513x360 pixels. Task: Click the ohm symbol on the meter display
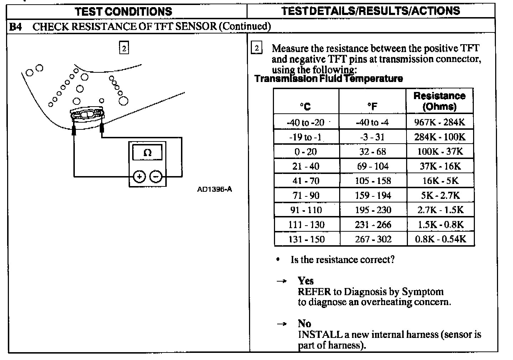coord(147,153)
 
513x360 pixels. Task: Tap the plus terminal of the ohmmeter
coord(139,176)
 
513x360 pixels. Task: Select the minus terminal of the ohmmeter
coord(156,176)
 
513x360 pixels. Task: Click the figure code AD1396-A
coord(214,189)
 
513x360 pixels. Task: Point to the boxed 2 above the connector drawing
coord(124,48)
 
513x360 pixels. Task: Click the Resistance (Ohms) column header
coord(439,101)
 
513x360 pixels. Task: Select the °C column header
coord(305,106)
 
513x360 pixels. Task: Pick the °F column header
coord(372,106)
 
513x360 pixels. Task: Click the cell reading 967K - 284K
coord(440,122)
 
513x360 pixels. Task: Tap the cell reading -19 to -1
coord(305,137)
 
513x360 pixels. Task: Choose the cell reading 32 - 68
coord(373,151)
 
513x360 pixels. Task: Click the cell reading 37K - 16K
coord(440,166)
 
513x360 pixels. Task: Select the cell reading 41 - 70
coord(306,181)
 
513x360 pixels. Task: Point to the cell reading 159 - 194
coord(373,195)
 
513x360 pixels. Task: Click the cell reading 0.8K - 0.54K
coord(440,239)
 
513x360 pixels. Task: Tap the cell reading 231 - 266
coord(373,225)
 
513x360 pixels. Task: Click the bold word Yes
coord(306,281)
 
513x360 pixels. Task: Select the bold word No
coord(305,324)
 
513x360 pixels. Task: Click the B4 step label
coord(15,26)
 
